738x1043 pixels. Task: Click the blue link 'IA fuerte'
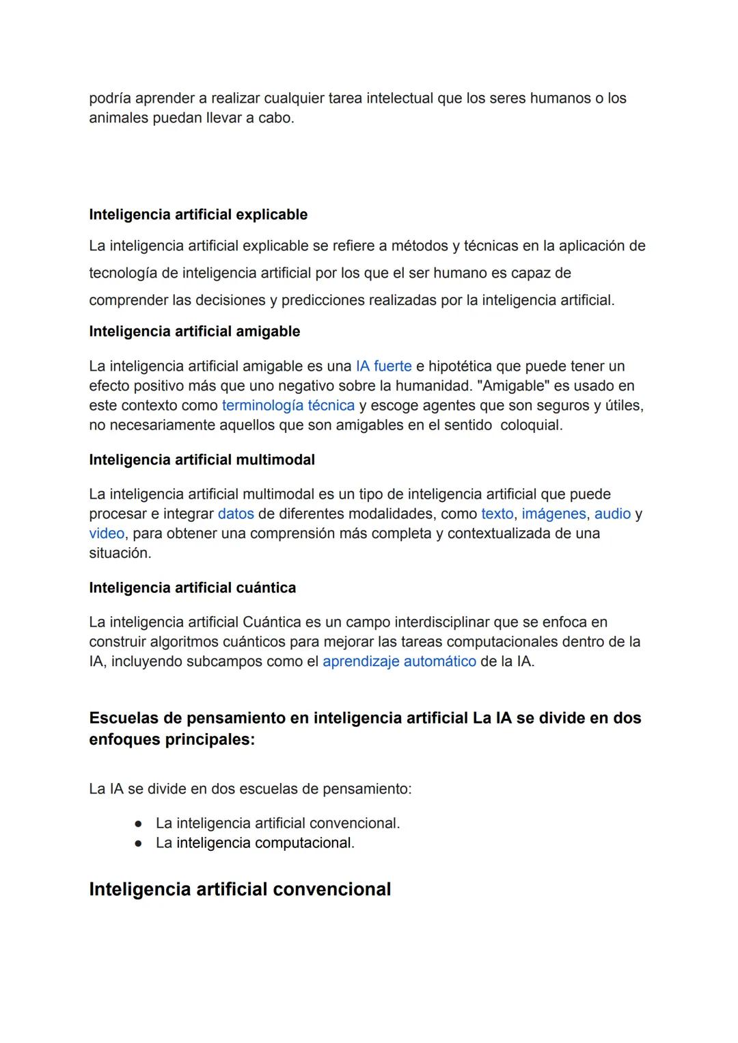click(x=383, y=366)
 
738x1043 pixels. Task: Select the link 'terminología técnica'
click(x=288, y=406)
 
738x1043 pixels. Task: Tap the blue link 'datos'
click(x=236, y=514)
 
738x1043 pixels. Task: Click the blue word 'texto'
click(x=497, y=514)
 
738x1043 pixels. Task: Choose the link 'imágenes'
click(x=553, y=514)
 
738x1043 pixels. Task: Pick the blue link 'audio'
click(x=612, y=514)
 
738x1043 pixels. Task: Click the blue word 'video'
click(x=107, y=533)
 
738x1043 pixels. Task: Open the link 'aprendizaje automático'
click(x=399, y=661)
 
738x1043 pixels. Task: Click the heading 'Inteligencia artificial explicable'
click(x=198, y=215)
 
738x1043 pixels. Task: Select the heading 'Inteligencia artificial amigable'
click(x=194, y=332)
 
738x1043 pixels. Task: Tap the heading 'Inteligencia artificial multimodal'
click(x=202, y=460)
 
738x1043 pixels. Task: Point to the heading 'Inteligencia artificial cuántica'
click(x=192, y=587)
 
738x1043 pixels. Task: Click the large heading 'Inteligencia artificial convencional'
click(x=240, y=889)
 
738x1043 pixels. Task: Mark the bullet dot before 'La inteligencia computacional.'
click(x=138, y=843)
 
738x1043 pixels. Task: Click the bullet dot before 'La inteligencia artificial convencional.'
click(x=138, y=823)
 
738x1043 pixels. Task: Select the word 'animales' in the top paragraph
click(x=118, y=118)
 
